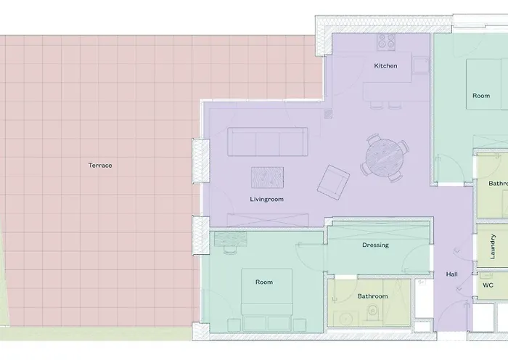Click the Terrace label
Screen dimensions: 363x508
tap(100, 166)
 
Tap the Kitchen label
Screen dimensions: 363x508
tap(385, 66)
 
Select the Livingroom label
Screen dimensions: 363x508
tap(266, 199)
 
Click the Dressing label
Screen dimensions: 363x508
tap(375, 245)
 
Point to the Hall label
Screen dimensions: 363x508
tap(451, 274)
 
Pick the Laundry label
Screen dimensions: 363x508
tap(493, 246)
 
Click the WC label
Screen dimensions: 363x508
tap(488, 285)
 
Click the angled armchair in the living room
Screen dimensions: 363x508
tap(333, 181)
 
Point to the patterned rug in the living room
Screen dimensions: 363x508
tap(267, 178)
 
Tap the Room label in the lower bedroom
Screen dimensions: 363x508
tap(263, 282)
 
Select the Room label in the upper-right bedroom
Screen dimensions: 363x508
tap(481, 96)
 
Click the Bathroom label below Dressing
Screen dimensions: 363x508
tap(372, 296)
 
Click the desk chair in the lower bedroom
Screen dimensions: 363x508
tap(230, 250)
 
